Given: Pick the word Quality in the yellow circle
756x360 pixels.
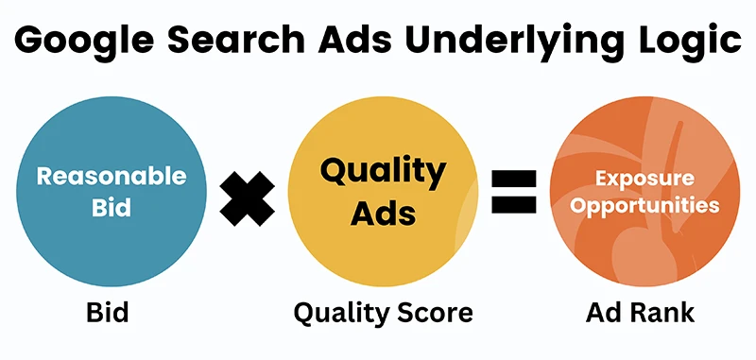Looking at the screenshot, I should point(382,173).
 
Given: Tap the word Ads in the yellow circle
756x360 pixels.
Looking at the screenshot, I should point(382,213).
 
